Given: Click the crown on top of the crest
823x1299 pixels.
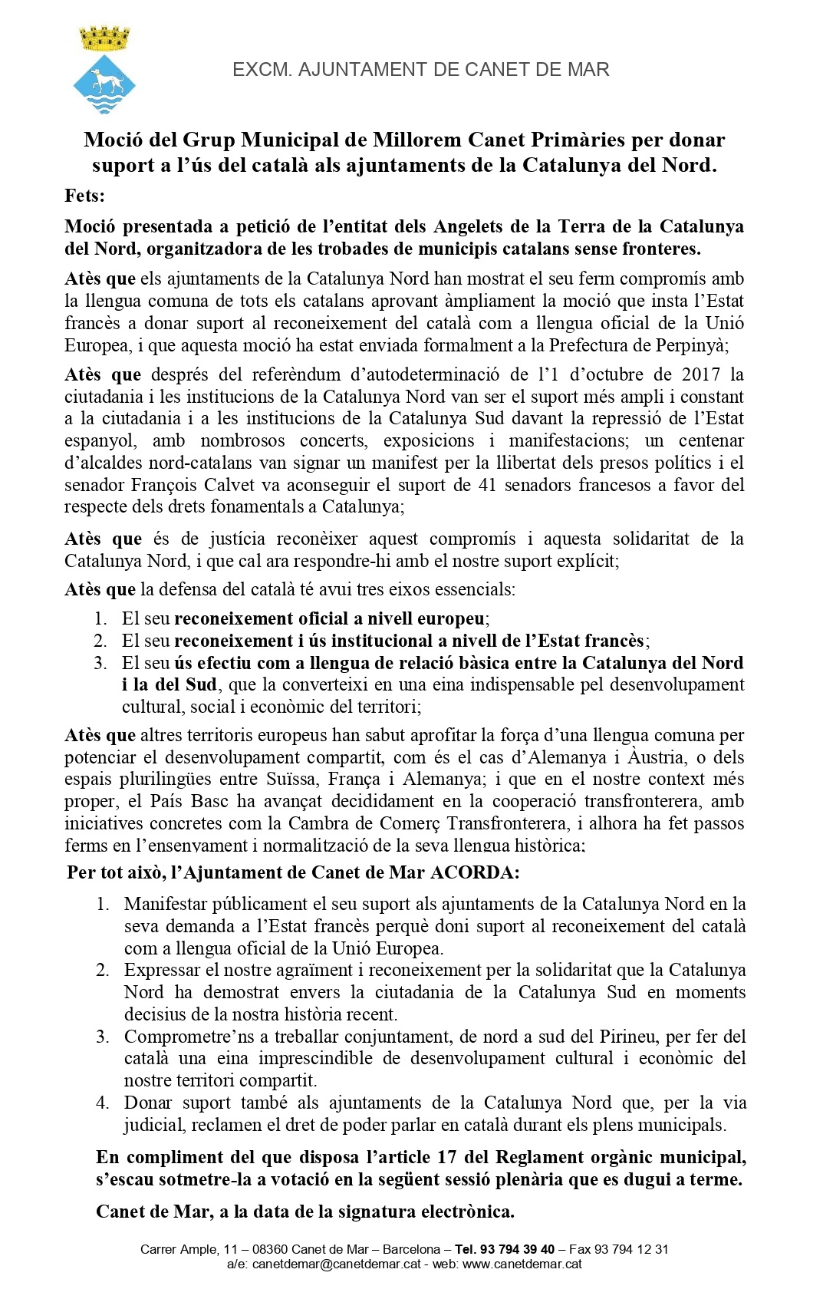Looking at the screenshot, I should coord(105,38).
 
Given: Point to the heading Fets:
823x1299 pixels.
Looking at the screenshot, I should coord(85,196).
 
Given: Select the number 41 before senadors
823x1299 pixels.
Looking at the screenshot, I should coord(487,485).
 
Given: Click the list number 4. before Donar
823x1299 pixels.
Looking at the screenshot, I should coord(103,1103).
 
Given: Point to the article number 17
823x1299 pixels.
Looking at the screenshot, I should coord(447,1157).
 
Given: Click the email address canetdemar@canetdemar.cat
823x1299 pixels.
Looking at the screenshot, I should coord(337,1264).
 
